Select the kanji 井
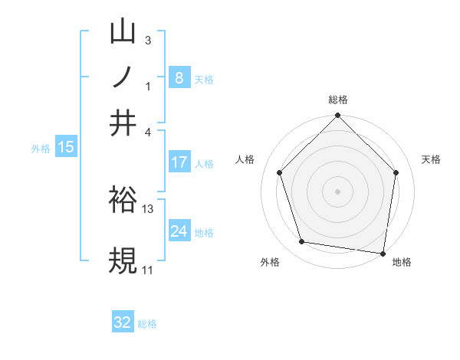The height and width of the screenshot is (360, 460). pos(123,123)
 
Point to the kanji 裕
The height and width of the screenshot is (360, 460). pos(123,199)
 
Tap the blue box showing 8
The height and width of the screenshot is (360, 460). pos(179,77)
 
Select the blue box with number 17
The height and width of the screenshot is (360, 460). pos(179,162)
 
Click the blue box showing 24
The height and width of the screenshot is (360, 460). pos(179,231)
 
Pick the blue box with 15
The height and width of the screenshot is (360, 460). pos(66,147)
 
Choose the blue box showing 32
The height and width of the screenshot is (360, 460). pos(123,322)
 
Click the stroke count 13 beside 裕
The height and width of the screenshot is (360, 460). pos(148,208)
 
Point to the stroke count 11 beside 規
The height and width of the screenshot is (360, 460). pos(147,270)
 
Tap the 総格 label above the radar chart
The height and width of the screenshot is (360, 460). pos(338,100)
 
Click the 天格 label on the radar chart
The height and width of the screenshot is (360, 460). pos(432,159)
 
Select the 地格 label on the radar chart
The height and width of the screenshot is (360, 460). pos(402,263)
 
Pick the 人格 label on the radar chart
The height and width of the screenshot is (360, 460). pos(245,159)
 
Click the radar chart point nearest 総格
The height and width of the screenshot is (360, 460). pos(338,116)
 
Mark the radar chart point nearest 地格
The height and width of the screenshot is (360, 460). pos(383,253)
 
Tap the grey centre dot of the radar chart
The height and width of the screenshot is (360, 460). pos(338,191)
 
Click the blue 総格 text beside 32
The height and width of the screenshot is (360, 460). pos(147,324)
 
